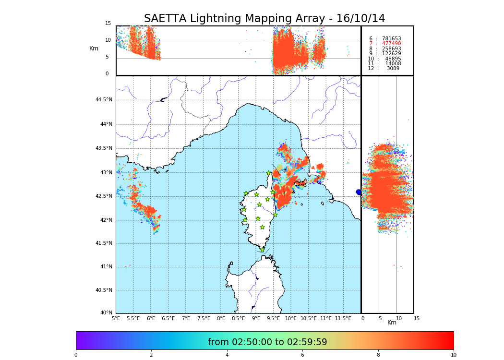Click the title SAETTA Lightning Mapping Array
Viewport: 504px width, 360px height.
click(x=264, y=19)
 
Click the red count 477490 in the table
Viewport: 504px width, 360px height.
click(x=391, y=44)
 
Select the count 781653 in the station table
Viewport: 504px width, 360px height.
click(x=391, y=38)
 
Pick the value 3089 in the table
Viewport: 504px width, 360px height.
click(x=393, y=69)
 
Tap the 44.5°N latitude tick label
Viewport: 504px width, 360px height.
click(x=104, y=100)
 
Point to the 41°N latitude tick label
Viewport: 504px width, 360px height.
click(x=106, y=267)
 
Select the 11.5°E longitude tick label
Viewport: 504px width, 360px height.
click(x=343, y=318)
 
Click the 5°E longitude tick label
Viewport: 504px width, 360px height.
click(x=116, y=318)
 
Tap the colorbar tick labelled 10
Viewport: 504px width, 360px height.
click(x=453, y=355)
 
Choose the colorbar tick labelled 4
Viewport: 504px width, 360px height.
click(x=227, y=355)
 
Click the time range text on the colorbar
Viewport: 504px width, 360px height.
click(x=267, y=342)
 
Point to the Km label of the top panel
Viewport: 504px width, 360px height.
click(x=94, y=48)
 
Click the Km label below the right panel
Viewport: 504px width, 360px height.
click(x=392, y=323)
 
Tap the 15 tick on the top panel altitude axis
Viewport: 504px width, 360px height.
click(x=108, y=24)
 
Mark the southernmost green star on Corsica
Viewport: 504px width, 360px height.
click(x=262, y=250)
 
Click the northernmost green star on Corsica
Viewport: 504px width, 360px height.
click(x=269, y=173)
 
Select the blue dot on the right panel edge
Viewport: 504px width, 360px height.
click(x=359, y=192)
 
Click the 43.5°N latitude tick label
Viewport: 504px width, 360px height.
click(x=104, y=148)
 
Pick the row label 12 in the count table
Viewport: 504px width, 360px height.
click(x=371, y=69)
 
